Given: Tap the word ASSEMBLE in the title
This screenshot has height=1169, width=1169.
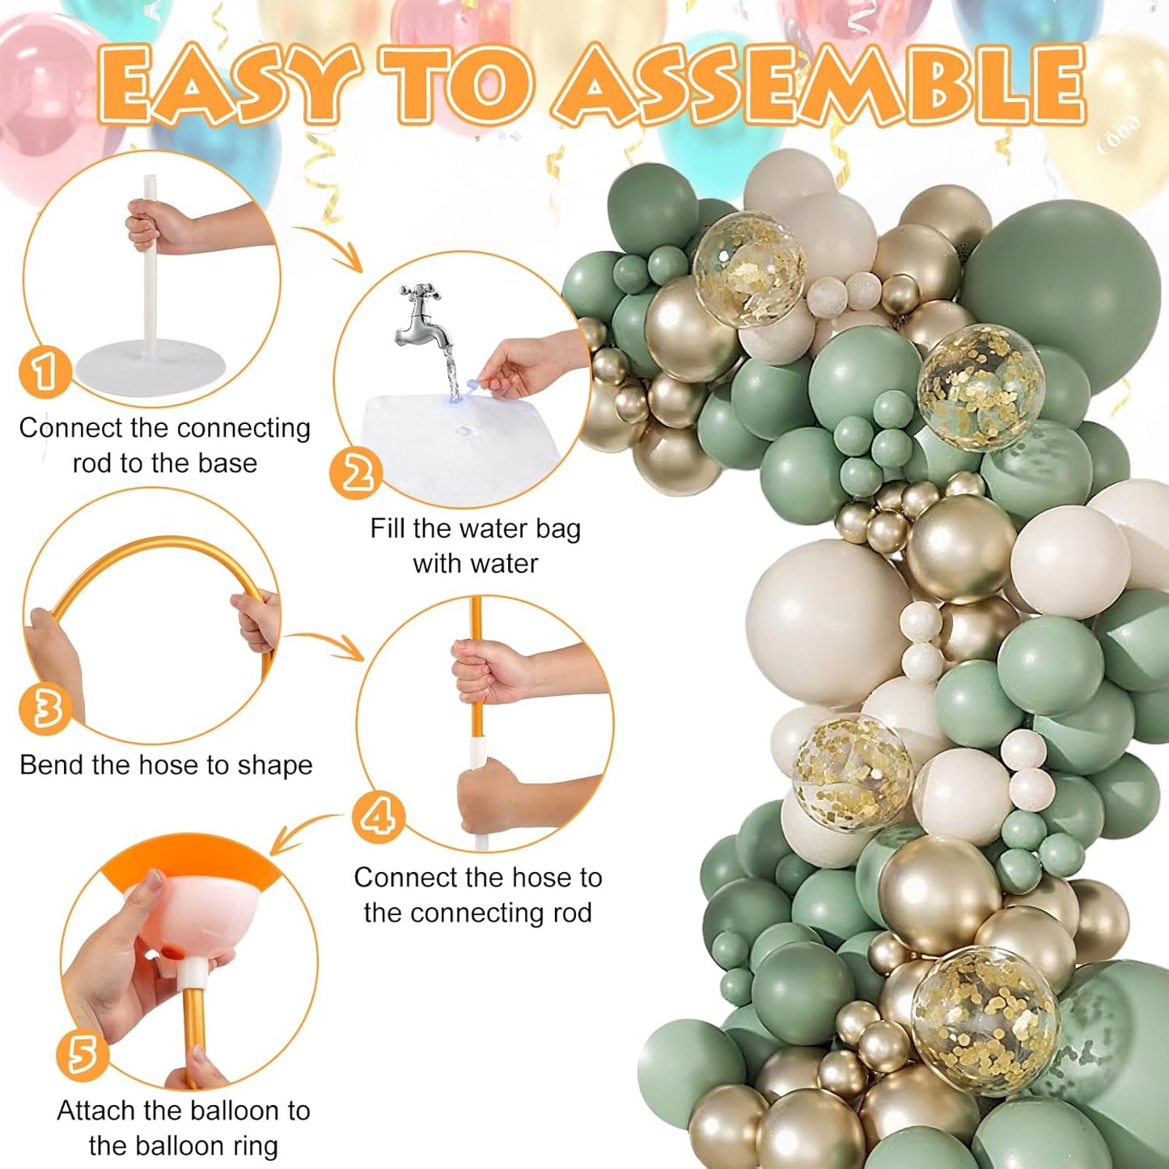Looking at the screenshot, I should tap(821, 85).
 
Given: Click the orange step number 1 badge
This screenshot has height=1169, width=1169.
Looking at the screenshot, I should tap(44, 371).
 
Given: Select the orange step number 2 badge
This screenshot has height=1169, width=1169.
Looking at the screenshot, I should tap(356, 472).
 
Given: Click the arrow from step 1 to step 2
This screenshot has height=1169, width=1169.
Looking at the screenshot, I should tap(332, 247).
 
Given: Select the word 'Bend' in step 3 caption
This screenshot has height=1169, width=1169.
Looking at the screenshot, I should tap(52, 765).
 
